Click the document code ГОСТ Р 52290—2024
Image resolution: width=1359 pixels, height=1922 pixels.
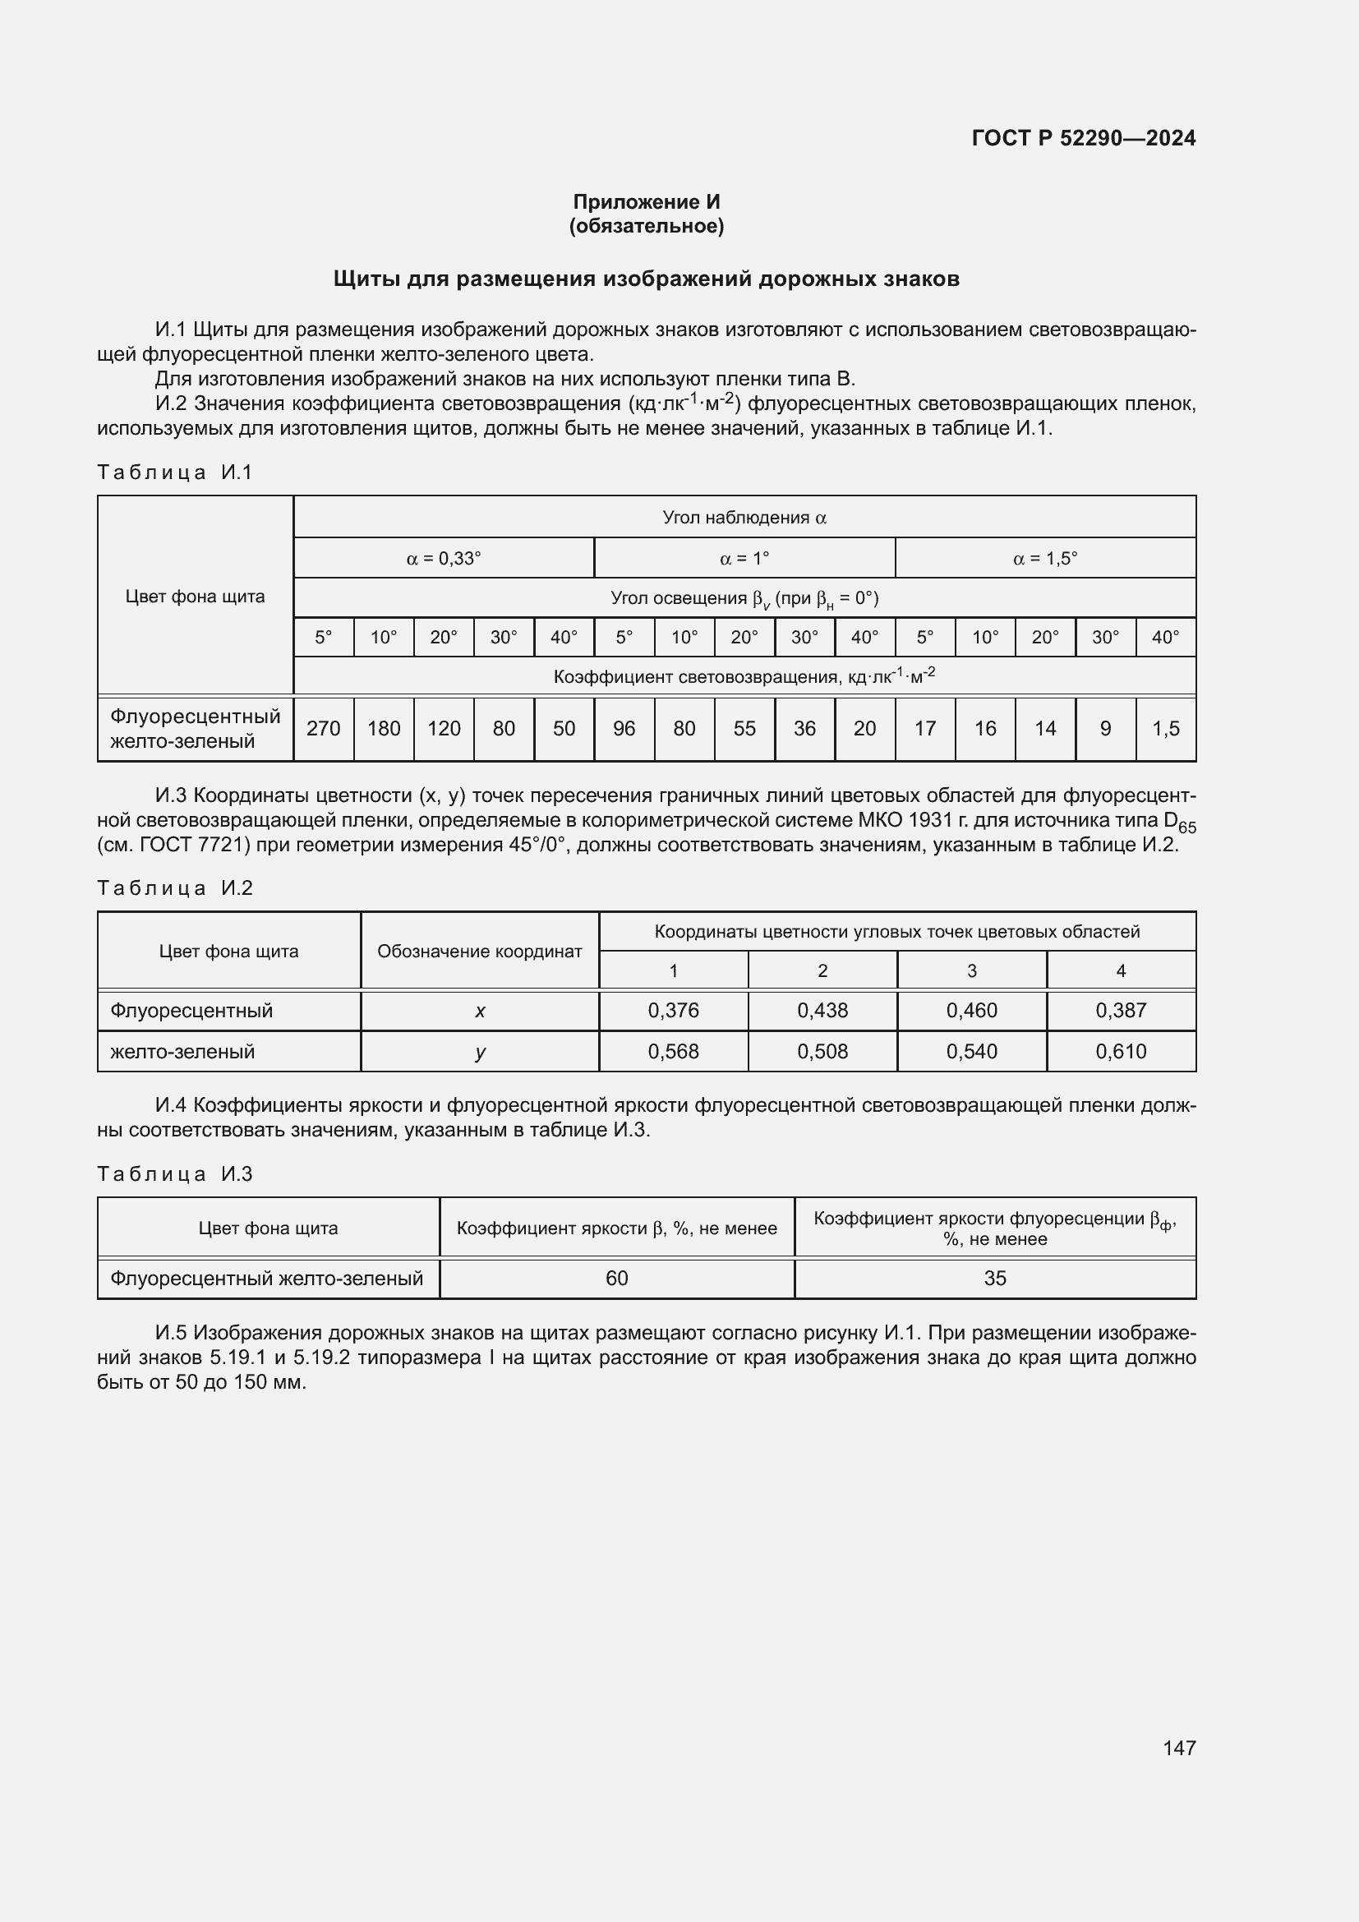click(1084, 138)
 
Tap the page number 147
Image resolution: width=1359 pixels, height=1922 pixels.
click(1179, 1747)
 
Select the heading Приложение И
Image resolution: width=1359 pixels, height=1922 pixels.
click(646, 202)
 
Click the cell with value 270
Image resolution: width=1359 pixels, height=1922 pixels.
click(323, 728)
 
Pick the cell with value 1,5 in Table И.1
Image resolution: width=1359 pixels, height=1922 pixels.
click(1166, 728)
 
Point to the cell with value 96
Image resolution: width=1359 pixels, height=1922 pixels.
click(624, 728)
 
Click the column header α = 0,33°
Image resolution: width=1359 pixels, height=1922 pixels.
click(444, 558)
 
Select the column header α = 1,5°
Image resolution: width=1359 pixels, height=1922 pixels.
click(1045, 558)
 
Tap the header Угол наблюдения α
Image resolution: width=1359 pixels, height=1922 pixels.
click(744, 518)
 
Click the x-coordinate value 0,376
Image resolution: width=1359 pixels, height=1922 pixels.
click(673, 1011)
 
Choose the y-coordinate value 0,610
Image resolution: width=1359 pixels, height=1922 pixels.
click(1121, 1052)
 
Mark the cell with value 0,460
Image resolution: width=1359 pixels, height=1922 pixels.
click(971, 1011)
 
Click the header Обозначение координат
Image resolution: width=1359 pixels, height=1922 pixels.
click(480, 951)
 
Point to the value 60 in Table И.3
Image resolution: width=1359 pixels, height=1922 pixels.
click(617, 1279)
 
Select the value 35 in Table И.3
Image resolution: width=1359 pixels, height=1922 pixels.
click(995, 1279)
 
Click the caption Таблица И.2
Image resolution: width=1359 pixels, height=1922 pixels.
click(175, 888)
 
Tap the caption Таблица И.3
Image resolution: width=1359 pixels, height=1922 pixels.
click(175, 1173)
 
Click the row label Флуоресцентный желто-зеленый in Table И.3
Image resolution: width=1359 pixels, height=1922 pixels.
click(267, 1279)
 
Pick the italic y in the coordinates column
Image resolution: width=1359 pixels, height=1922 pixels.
click(481, 1053)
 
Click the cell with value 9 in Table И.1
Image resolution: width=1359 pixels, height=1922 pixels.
click(1105, 728)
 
